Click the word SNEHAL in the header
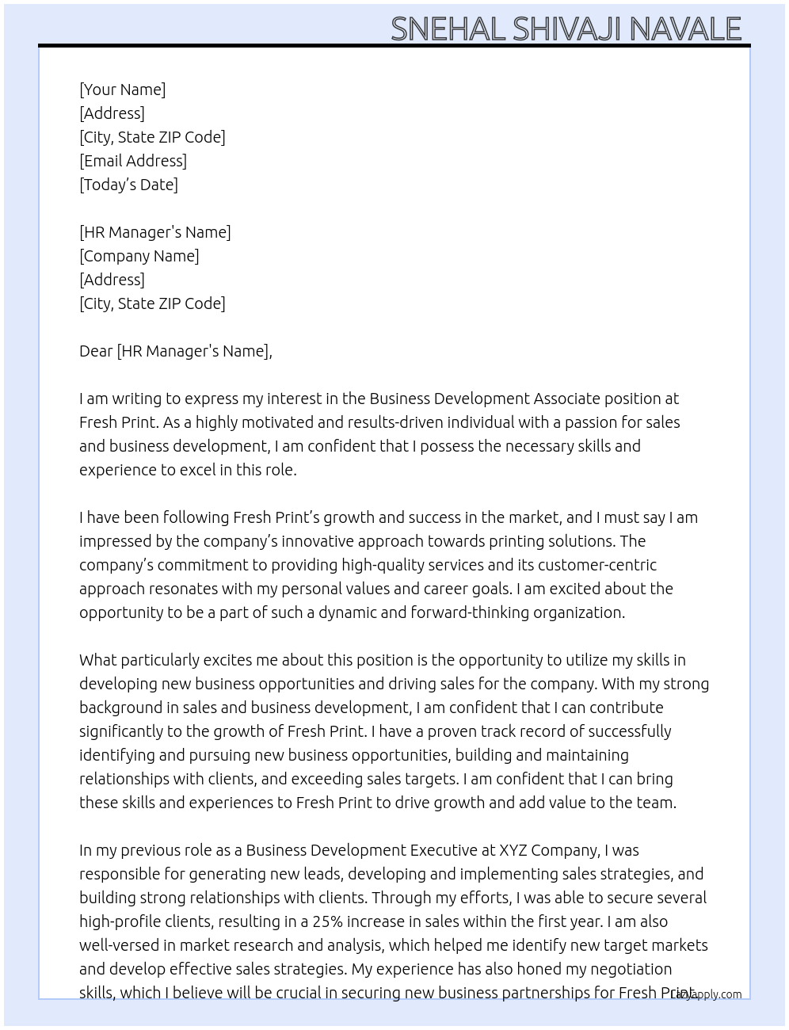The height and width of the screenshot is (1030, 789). click(448, 29)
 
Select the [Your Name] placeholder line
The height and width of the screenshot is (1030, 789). click(123, 90)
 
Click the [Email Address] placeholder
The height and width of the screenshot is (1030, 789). click(133, 161)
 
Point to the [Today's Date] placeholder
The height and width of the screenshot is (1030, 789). click(128, 185)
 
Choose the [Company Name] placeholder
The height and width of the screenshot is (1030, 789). click(139, 256)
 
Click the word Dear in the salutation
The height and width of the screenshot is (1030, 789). click(96, 351)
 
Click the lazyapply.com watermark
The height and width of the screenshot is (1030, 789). click(707, 994)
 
